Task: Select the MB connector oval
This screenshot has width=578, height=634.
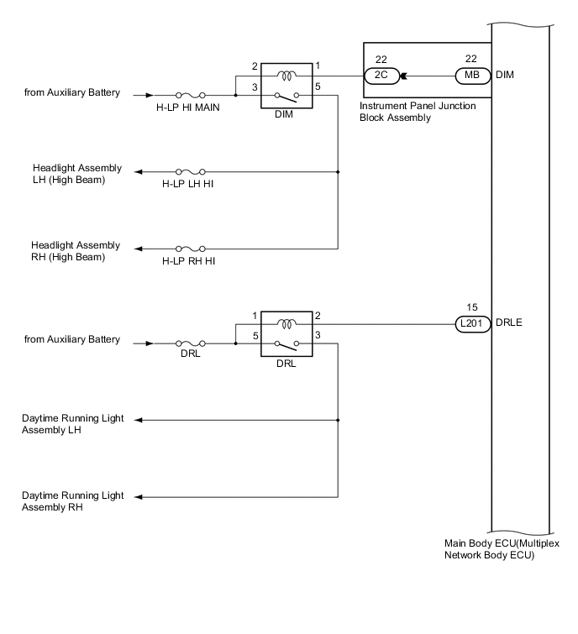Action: [470, 75]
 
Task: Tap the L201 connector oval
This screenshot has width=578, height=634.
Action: [470, 323]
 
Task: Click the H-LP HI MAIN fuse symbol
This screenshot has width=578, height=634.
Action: [190, 96]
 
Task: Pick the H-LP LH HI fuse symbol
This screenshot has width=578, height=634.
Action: [189, 172]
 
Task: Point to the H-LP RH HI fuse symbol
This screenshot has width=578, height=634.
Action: [189, 249]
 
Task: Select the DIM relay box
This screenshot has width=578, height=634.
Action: [284, 85]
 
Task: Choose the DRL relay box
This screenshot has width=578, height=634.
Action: [284, 333]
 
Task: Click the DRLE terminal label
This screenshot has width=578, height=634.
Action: [510, 323]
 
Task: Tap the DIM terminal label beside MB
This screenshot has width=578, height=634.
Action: [505, 75]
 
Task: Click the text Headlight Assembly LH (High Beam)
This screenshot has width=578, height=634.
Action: [76, 174]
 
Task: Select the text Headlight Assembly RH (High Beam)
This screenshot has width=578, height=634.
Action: [76, 251]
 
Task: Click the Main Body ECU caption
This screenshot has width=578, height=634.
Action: [502, 549]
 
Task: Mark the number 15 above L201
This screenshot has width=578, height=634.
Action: [470, 307]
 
